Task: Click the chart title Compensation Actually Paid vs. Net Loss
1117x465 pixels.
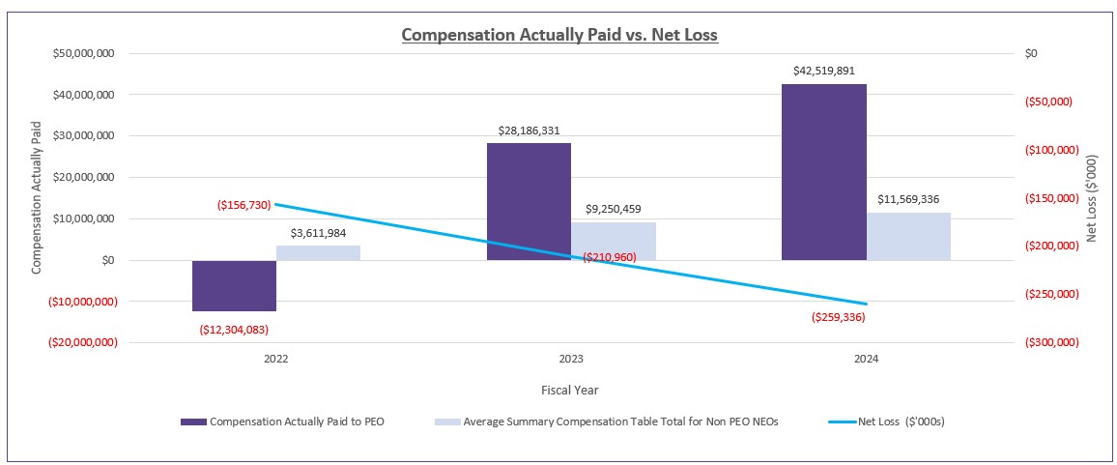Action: (559, 35)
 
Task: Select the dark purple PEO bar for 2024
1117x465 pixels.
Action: (824, 172)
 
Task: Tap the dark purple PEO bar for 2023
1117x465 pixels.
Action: (529, 201)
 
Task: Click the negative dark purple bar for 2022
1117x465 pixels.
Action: (234, 285)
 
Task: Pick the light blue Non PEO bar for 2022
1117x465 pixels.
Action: (318, 252)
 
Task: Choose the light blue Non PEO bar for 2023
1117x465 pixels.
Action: (614, 241)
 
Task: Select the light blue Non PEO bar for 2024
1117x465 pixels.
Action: (908, 236)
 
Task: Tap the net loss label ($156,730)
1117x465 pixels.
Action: (243, 205)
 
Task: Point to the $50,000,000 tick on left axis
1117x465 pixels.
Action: (83, 53)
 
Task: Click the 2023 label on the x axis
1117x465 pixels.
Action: (571, 359)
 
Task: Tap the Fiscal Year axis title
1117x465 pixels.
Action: (571, 391)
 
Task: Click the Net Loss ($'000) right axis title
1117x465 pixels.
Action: (1092, 198)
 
